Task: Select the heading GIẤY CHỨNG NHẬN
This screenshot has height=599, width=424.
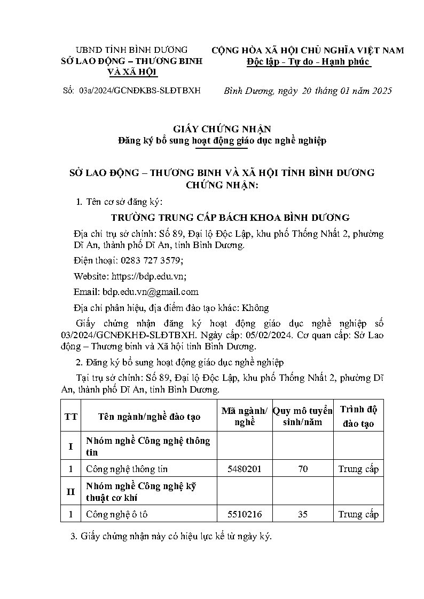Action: coord(222,129)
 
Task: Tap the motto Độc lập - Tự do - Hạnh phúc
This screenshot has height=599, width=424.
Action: coord(308,62)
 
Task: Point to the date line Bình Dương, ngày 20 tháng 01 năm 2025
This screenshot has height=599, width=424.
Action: coord(308,91)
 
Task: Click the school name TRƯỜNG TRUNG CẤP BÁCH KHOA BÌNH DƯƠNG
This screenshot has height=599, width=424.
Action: coord(230,218)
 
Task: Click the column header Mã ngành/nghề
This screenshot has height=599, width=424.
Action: coord(245,416)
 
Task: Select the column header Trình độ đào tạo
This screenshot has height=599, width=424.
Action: coord(358,417)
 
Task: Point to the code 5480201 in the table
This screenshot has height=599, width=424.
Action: coord(245,469)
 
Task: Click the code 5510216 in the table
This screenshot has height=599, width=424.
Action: coord(245,514)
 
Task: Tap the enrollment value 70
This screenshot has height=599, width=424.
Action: coord(303,469)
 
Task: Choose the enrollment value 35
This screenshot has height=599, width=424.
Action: coord(303,514)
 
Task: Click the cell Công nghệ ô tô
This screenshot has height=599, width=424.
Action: coord(112,514)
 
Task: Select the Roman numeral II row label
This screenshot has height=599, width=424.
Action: coord(70,492)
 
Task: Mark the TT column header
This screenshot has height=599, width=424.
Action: coord(70,417)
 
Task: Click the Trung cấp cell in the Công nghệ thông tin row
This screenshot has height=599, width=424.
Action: coord(358,469)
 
